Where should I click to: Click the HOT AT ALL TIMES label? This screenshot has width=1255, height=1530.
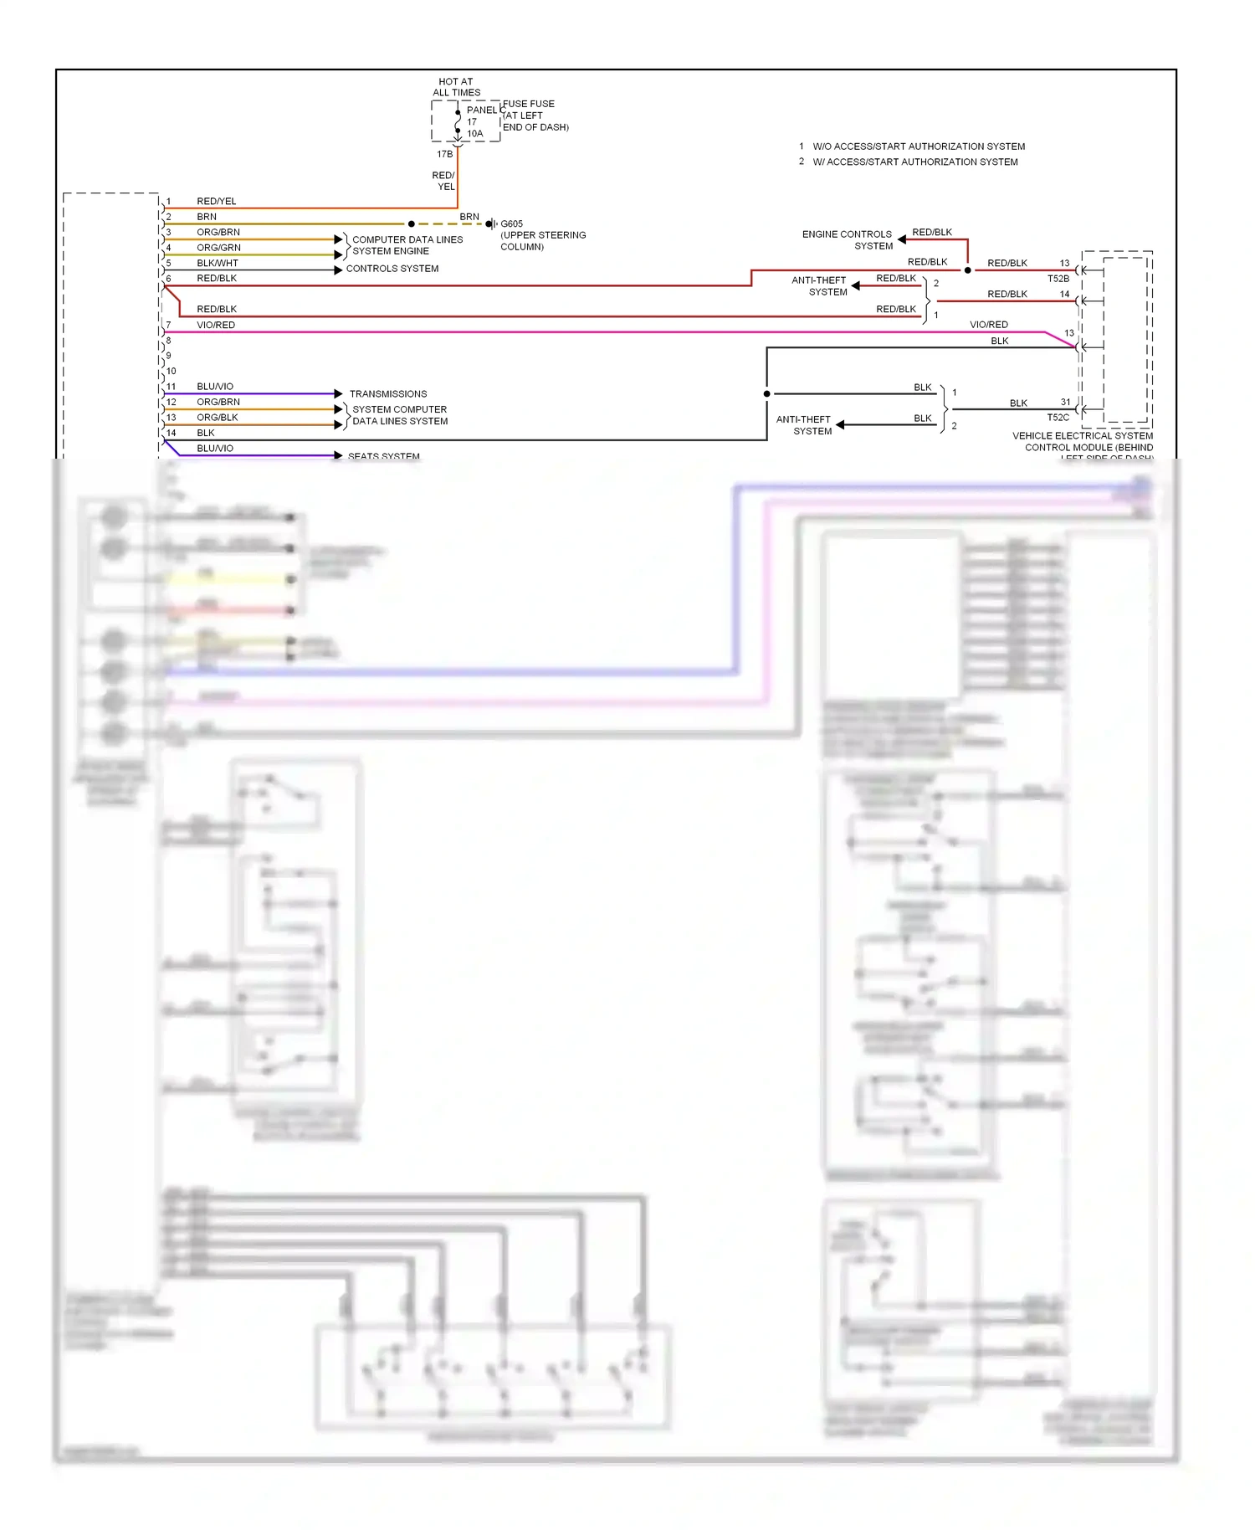click(456, 87)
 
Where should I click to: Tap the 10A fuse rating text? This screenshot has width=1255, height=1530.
click(474, 134)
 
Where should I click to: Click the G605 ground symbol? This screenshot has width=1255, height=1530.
click(491, 224)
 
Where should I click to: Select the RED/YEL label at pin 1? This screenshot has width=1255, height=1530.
click(216, 202)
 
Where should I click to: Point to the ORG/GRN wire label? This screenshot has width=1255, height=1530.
click(218, 248)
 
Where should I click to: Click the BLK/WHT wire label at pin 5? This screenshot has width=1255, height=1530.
click(218, 263)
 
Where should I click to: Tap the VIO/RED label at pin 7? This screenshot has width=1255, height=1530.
click(216, 325)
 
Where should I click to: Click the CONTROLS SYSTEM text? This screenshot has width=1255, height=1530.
click(392, 269)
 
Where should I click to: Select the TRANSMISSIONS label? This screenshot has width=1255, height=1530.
click(387, 394)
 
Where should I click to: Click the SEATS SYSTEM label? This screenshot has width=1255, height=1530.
click(383, 456)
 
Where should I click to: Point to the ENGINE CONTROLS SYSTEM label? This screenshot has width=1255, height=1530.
click(847, 240)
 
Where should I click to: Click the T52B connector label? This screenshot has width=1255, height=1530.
click(1058, 279)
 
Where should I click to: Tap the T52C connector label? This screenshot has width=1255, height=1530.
click(1058, 418)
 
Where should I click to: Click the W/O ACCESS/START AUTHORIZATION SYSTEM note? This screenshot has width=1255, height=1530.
click(918, 146)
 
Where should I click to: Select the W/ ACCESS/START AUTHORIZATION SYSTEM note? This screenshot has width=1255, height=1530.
click(914, 162)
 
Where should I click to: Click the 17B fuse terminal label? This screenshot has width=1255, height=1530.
click(444, 154)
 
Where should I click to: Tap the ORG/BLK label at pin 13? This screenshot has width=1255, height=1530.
click(217, 418)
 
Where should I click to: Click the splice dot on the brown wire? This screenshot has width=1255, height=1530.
click(411, 224)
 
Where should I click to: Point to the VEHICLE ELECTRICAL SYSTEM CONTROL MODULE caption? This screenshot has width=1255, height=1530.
click(1083, 442)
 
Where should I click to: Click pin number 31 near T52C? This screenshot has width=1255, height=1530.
click(1065, 403)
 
